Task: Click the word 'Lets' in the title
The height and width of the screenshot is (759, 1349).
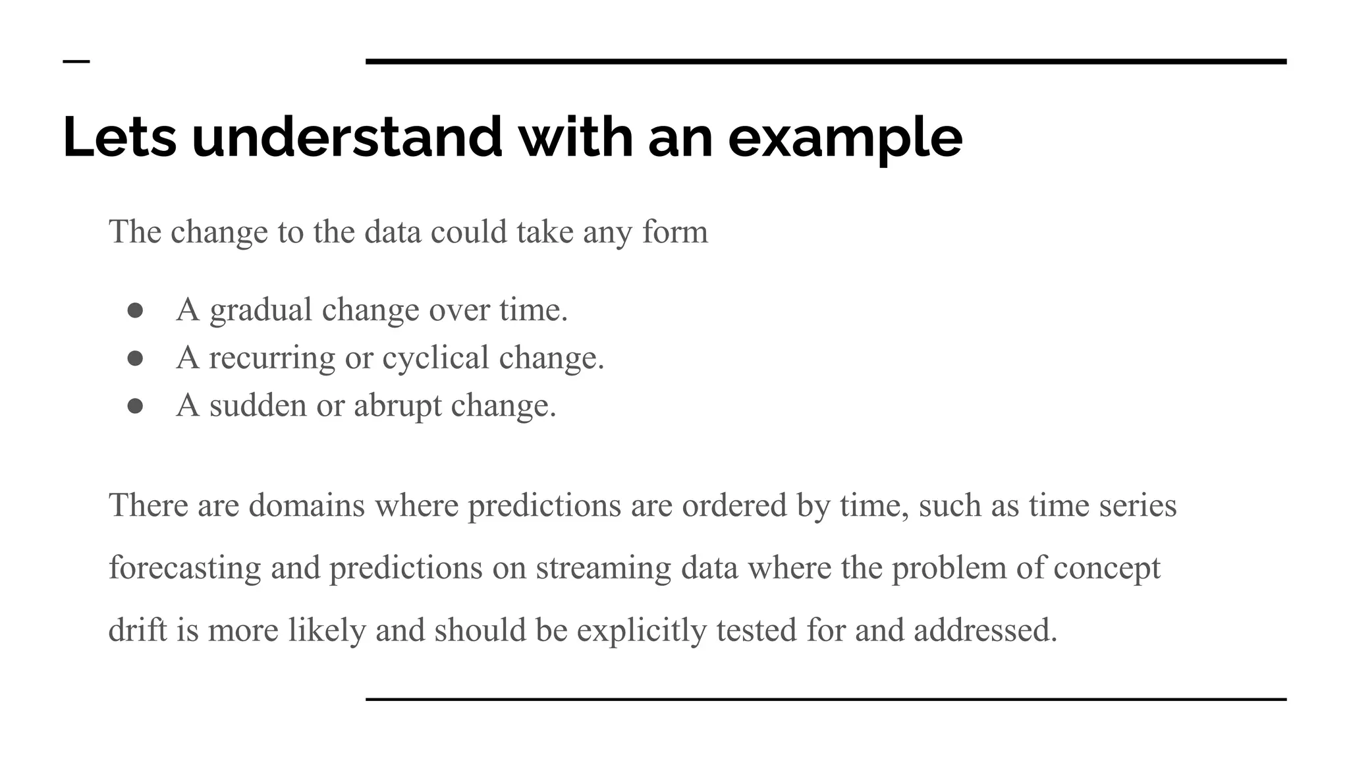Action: click(119, 138)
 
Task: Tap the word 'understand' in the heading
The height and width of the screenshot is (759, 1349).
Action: click(346, 138)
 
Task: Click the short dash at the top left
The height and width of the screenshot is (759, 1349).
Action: click(76, 62)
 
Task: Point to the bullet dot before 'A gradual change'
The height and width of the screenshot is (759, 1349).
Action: click(136, 310)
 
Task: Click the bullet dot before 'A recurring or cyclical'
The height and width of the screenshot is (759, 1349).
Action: click(136, 358)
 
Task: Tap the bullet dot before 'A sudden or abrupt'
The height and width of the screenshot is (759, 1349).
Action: click(136, 406)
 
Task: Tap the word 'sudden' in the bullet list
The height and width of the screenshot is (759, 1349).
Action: click(258, 405)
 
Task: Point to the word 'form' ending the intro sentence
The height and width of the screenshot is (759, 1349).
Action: click(674, 232)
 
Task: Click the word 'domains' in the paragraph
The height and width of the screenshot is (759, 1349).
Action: click(306, 505)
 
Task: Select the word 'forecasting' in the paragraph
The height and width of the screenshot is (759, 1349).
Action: click(184, 569)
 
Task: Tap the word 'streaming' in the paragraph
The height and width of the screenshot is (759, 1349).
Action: click(603, 569)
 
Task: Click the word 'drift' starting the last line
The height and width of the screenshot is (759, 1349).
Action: click(137, 631)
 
